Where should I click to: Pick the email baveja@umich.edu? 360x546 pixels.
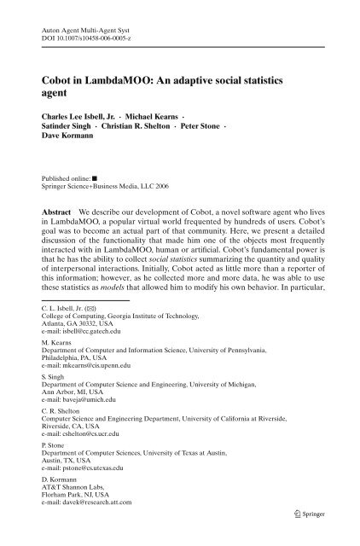coord(77,448)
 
